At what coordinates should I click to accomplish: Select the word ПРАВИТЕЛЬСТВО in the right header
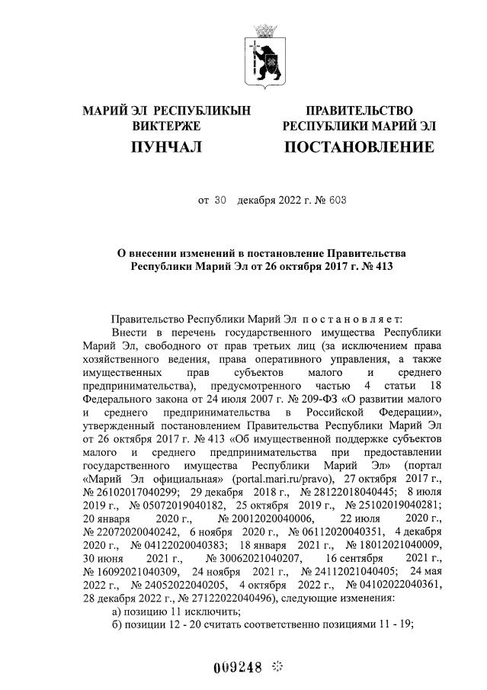[359, 111]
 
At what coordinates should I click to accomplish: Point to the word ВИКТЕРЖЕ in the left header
[166, 125]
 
